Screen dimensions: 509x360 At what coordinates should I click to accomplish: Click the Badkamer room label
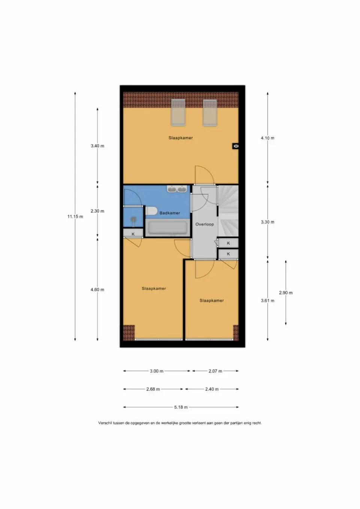pos(169,213)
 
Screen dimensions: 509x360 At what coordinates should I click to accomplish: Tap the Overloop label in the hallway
pos(204,224)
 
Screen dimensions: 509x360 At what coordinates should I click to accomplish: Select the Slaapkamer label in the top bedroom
pos(180,138)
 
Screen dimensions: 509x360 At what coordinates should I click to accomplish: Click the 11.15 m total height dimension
pos(75,216)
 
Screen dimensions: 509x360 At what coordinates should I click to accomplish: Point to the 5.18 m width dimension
pos(181,407)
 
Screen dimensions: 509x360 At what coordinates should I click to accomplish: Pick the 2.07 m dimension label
pos(215,371)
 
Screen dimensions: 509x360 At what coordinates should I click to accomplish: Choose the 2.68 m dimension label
pos(153,389)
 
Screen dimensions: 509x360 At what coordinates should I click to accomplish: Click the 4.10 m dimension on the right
pos(267,138)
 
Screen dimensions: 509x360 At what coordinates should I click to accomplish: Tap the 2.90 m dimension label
pos(285,293)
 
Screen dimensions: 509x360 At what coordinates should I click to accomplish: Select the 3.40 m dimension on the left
pos(97,146)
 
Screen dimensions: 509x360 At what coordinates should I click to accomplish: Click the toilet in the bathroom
pos(151,211)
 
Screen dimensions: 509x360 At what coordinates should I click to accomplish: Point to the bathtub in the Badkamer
pos(167,228)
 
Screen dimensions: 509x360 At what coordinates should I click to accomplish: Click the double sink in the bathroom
pos(177,189)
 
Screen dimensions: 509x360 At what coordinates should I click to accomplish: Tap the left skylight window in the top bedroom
pos(178,112)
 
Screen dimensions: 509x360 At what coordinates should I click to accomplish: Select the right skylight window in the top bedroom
pos(210,112)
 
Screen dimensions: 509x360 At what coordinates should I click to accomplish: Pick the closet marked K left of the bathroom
pos(133,234)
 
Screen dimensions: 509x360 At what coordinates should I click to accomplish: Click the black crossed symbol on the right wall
pos(235,146)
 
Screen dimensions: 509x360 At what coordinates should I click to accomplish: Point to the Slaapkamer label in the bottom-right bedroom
pos(211,301)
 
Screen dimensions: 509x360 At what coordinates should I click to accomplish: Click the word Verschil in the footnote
pos(105,423)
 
